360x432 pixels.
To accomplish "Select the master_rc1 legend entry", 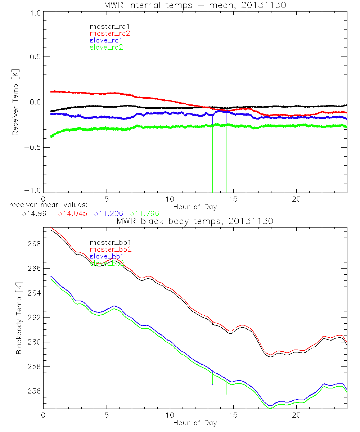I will tap(107, 27).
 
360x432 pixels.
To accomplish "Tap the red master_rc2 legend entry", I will tap(110, 33).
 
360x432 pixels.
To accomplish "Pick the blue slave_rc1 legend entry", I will tap(106, 40).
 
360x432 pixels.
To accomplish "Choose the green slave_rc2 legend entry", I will tap(106, 47).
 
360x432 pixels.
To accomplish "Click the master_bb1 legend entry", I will tap(107, 243).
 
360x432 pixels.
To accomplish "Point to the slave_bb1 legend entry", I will tap(107, 256).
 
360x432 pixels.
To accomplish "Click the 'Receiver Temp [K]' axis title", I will tap(15, 103).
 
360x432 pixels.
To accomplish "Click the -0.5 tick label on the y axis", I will tap(33, 148).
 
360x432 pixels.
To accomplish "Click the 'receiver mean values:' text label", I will tap(46, 205).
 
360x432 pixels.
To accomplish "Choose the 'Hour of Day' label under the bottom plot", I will tap(195, 423).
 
